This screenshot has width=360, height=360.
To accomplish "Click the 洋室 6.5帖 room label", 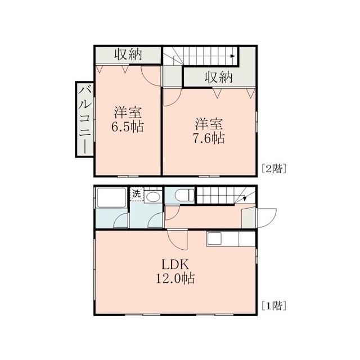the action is click(128, 119).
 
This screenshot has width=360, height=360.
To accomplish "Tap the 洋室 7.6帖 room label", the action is click(209, 131).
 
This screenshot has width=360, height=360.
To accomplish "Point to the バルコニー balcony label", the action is click(85, 119).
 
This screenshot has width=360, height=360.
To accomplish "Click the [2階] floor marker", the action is click(274, 169).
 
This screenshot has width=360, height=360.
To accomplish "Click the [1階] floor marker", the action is click(274, 305).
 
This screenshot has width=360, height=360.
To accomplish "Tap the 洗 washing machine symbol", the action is click(137, 194).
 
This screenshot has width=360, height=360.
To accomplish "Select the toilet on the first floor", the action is click(184, 195).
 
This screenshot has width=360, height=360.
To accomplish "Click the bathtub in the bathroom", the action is click(111, 197).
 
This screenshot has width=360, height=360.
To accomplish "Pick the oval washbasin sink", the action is click(153, 197).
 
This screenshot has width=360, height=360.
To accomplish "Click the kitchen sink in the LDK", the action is click(214, 238).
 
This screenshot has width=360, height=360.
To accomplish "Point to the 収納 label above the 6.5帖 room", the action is click(128, 55).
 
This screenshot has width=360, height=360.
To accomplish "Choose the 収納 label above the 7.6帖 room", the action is click(219, 77).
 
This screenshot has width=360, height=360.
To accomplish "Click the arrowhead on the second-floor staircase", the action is click(233, 56).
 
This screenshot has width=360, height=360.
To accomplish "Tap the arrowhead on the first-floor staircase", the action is click(245, 198).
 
